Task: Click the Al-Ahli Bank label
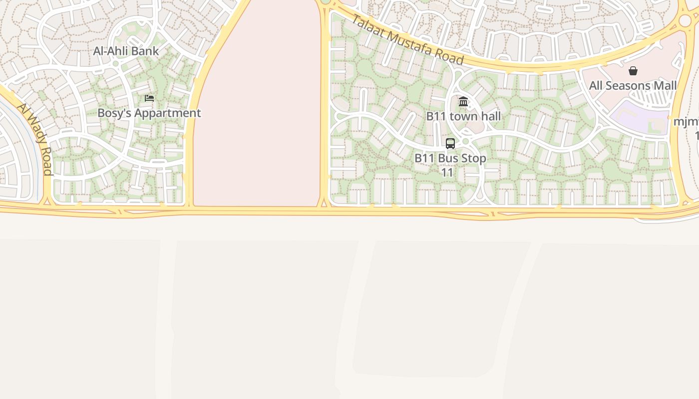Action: click(x=126, y=51)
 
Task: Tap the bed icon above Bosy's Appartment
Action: click(x=149, y=98)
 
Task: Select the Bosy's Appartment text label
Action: click(x=149, y=113)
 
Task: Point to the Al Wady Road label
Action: click(x=35, y=139)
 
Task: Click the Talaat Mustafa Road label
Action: click(x=407, y=40)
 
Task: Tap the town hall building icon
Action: click(x=463, y=102)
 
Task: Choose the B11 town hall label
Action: click(x=463, y=117)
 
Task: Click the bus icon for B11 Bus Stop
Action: click(x=450, y=144)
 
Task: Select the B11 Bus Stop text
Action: click(x=450, y=159)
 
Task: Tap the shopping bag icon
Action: click(x=633, y=71)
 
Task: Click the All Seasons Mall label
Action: click(x=633, y=86)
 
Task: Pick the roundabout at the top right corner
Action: click(x=685, y=20)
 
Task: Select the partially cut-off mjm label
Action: click(x=686, y=122)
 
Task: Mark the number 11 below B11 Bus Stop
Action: click(x=447, y=173)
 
